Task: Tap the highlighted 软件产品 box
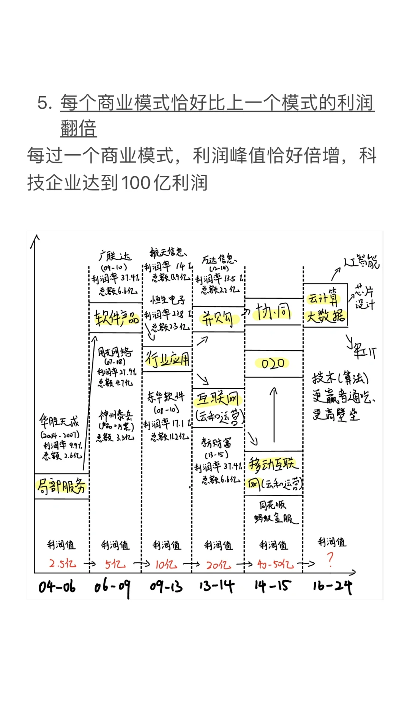(116, 318)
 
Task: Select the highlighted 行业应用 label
(167, 359)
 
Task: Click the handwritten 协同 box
(273, 312)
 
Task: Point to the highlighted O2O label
(273, 364)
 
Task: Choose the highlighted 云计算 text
(323, 298)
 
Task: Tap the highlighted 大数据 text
(326, 316)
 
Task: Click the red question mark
(330, 559)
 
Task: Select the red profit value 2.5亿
(62, 563)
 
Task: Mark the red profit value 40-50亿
(275, 564)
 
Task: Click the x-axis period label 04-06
(57, 587)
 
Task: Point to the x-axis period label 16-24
(333, 587)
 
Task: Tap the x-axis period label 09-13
(166, 587)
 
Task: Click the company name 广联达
(115, 256)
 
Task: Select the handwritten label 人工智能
(361, 262)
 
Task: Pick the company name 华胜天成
(59, 421)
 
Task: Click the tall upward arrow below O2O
(274, 414)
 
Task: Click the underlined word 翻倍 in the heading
(79, 128)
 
